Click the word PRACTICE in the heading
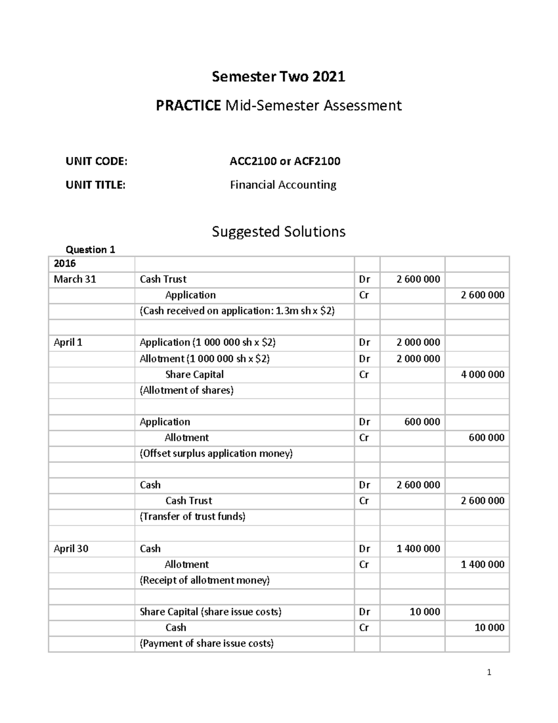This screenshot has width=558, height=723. click(x=188, y=106)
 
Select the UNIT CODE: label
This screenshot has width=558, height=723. click(x=96, y=161)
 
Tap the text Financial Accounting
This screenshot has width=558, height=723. click(x=283, y=185)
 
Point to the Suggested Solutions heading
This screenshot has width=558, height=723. click(x=279, y=231)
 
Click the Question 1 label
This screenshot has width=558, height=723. click(x=90, y=250)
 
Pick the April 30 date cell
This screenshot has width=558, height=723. click(x=71, y=548)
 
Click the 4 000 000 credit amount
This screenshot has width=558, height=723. click(x=482, y=374)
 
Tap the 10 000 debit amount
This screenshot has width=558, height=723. click(x=425, y=612)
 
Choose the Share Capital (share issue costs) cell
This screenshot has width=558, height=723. click(x=210, y=612)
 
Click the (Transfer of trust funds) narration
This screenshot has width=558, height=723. click(x=193, y=516)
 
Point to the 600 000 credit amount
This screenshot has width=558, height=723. click(x=486, y=438)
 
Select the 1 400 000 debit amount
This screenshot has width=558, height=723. click(x=418, y=548)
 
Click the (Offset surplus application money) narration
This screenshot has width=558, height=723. click(x=216, y=453)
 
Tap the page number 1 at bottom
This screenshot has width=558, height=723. click(x=489, y=672)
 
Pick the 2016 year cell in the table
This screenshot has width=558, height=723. click(x=65, y=264)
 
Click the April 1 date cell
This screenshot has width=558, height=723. click(x=68, y=343)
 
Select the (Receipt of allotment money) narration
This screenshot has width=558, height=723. click(x=205, y=580)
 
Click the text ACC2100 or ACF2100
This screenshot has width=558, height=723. click(x=285, y=161)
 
